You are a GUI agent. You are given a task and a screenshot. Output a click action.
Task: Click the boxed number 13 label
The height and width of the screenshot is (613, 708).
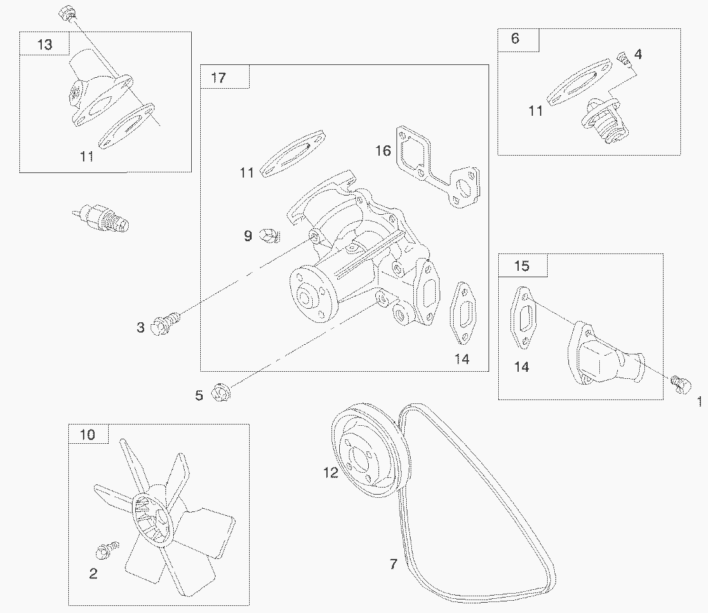(x=45, y=44)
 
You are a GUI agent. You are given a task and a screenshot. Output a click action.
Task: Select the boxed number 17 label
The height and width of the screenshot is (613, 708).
(x=218, y=78)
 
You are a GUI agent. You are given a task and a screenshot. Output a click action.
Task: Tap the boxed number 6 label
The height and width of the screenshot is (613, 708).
(x=515, y=39)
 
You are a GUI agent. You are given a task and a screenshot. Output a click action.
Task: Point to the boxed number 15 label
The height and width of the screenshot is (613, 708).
(x=522, y=265)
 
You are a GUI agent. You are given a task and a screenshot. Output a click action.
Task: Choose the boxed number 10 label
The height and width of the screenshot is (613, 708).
(x=88, y=435)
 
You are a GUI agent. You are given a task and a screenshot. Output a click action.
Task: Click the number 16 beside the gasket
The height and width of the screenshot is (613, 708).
(x=383, y=151)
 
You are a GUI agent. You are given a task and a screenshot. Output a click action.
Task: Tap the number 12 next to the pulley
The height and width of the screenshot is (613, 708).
(x=330, y=473)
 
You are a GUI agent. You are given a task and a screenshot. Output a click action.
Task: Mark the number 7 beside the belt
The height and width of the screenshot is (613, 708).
(x=393, y=564)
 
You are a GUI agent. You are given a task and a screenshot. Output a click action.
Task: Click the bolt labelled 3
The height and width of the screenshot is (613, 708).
(x=165, y=322)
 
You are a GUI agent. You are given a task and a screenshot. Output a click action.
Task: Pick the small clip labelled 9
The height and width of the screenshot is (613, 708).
(x=269, y=236)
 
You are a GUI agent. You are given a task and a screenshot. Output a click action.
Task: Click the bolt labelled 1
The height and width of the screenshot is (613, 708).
(x=678, y=383)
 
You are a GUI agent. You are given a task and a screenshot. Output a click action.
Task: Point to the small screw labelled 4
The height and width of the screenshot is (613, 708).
(x=622, y=59)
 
